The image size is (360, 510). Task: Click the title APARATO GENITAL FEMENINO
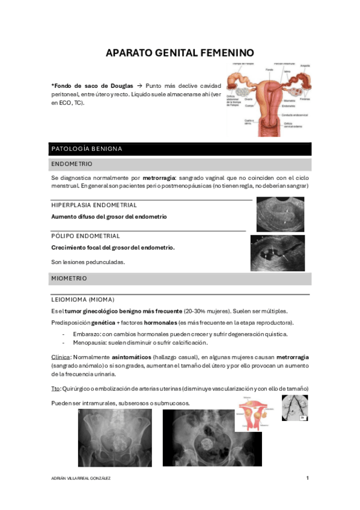180,52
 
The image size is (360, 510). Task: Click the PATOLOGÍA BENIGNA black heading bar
87,149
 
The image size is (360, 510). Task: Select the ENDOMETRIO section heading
72,164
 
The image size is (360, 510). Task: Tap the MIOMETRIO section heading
70,278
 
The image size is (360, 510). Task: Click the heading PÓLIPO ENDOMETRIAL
85,236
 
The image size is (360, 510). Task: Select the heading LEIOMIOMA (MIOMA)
83,299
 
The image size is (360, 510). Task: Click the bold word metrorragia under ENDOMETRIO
154,178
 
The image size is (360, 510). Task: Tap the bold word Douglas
121,86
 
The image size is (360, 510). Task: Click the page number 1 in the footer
307,478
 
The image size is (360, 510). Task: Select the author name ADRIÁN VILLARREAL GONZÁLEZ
82,478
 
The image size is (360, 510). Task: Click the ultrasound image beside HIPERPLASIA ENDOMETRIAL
279,214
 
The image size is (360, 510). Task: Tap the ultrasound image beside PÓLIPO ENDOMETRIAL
277,253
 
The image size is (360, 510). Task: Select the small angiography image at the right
295,408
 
